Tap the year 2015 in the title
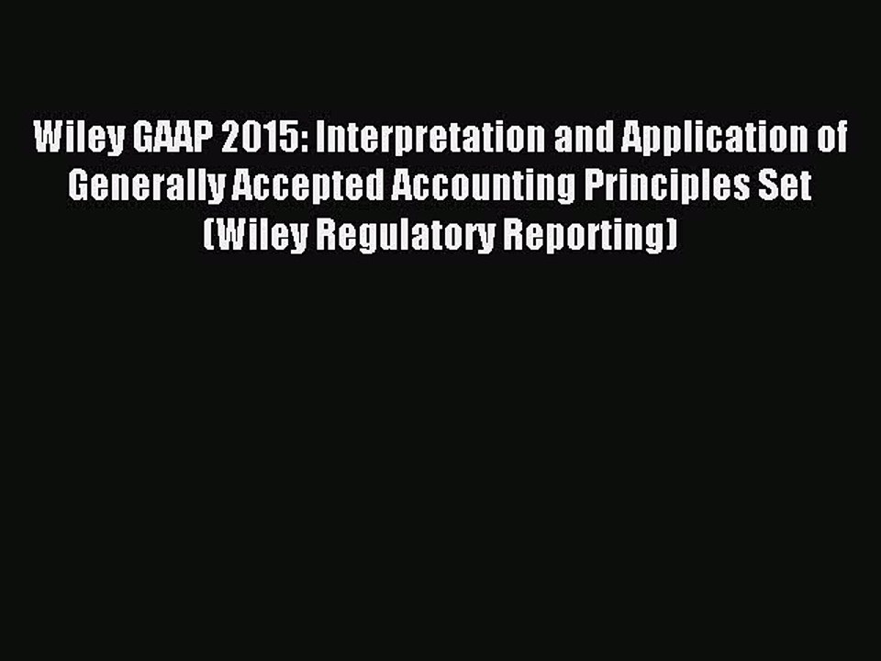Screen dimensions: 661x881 (x=253, y=140)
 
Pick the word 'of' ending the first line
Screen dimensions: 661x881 (x=831, y=140)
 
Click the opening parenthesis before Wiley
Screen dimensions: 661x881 (x=207, y=235)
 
